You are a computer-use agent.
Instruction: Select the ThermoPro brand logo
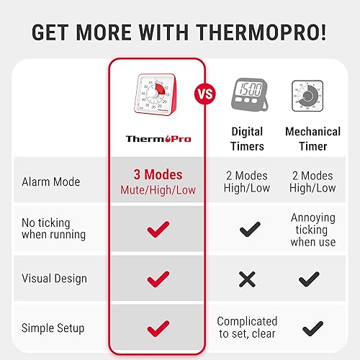coord(158,138)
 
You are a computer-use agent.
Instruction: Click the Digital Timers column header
coord(247,139)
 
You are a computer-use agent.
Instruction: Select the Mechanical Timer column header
coord(312,139)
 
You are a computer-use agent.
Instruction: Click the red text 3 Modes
coord(158,174)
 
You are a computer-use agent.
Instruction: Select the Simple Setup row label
coord(53,328)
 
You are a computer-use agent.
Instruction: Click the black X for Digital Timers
coord(247,279)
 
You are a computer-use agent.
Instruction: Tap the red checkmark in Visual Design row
coord(158,279)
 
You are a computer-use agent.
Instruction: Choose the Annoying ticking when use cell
coord(312,230)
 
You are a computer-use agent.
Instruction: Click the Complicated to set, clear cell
coord(247,328)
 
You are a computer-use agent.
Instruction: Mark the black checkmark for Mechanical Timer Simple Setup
coord(312,329)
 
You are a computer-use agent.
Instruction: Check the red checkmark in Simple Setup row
coord(158,328)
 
